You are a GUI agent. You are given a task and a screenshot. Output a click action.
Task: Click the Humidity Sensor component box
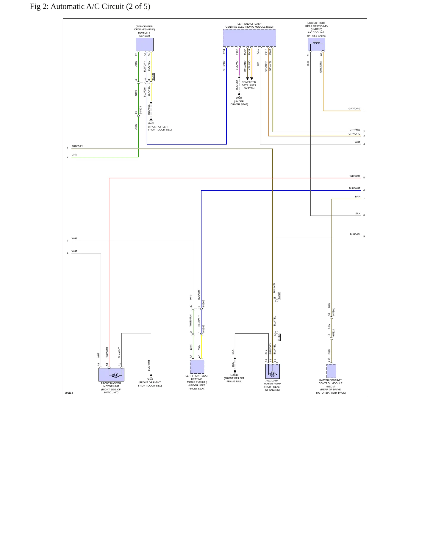point(145,44)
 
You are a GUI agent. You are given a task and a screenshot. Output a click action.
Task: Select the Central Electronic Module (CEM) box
point(249,38)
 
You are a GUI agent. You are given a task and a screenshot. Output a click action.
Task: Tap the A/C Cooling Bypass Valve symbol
point(316,44)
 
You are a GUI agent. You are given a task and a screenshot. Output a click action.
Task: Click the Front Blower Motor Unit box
point(111,375)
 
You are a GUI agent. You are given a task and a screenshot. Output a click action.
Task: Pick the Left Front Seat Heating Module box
point(197,367)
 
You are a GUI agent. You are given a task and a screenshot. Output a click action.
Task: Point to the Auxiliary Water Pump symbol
point(273,371)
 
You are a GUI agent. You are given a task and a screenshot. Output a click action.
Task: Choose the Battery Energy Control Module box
point(331,371)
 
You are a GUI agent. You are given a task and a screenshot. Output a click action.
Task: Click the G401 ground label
point(151,123)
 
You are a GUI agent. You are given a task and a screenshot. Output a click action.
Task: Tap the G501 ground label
point(239,98)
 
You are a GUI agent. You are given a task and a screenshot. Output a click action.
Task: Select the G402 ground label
point(150,379)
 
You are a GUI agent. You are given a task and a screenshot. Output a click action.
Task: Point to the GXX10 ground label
point(234,375)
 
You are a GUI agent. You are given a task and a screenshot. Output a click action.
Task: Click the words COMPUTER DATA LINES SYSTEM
point(249,85)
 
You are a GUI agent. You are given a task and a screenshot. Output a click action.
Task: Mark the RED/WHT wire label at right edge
point(354,176)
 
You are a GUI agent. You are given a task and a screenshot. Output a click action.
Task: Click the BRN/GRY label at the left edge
point(77,146)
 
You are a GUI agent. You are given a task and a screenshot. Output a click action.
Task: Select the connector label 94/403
point(141,110)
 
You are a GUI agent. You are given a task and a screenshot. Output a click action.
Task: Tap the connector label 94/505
point(204,304)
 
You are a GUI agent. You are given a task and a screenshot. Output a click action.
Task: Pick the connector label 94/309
point(279,296)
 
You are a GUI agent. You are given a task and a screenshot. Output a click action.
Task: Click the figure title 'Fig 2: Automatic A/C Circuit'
point(90,6)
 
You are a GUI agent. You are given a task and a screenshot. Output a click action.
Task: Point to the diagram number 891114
point(69,393)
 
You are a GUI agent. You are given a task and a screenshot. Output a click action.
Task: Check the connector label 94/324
point(334,333)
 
